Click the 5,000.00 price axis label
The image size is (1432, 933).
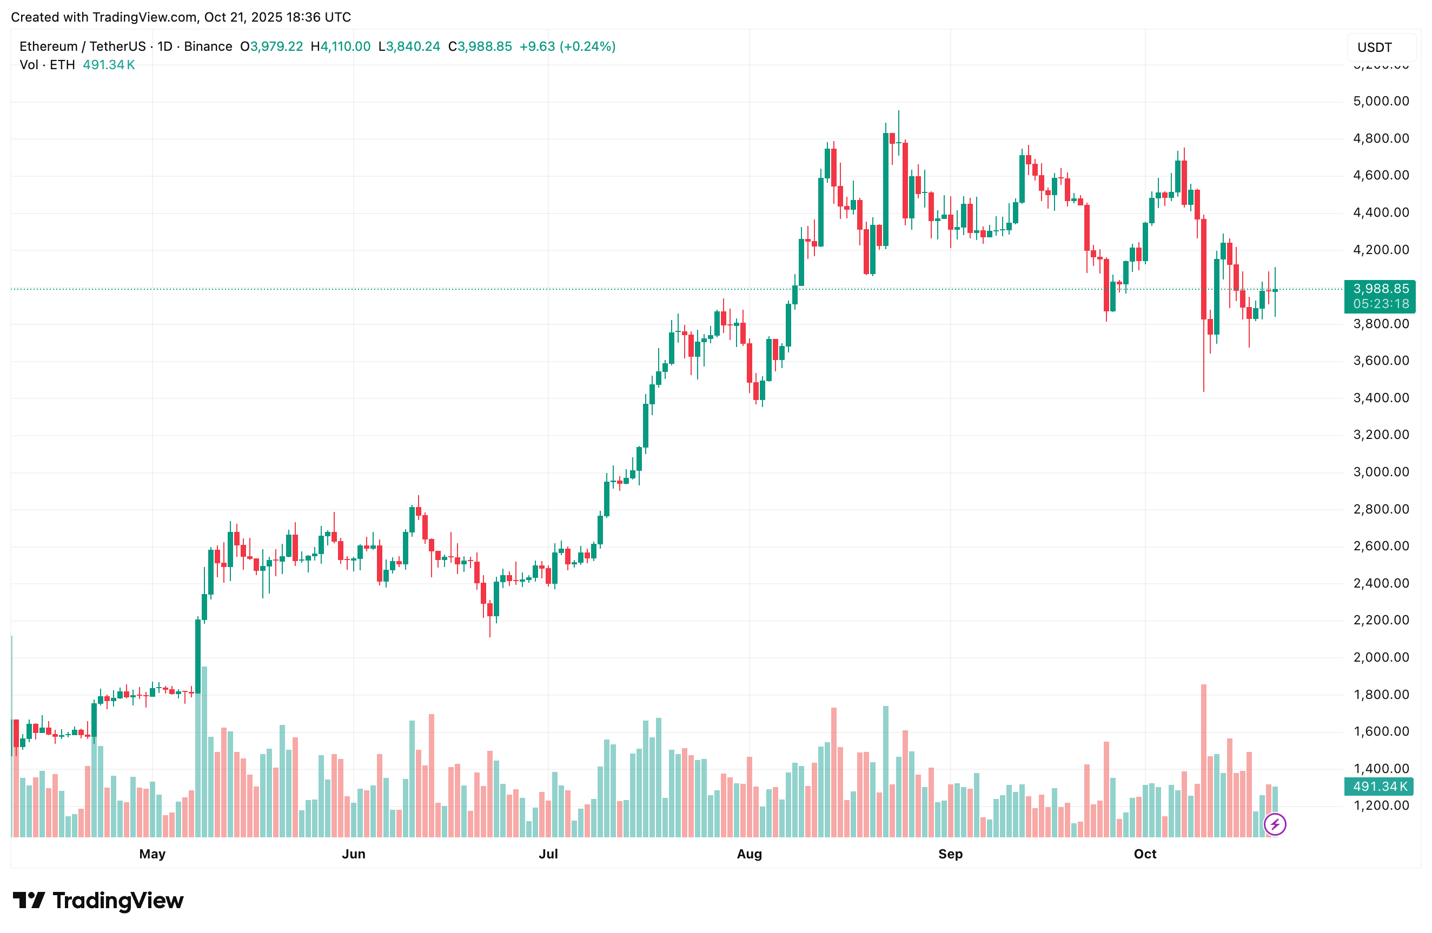tap(1380, 101)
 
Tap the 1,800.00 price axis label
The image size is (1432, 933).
tap(1380, 695)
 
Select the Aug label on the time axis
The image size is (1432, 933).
tap(749, 854)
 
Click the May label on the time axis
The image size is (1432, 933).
tap(152, 854)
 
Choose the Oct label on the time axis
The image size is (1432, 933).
tap(1144, 854)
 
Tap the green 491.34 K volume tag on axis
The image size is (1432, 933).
tap(1380, 786)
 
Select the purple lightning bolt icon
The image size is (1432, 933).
tap(1274, 824)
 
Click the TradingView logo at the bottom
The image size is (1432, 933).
tap(98, 901)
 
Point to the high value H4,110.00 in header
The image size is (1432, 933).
tap(341, 46)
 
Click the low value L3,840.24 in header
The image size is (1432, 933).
tap(409, 46)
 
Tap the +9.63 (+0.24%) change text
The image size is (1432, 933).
tap(567, 46)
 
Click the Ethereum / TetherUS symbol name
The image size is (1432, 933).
tap(82, 46)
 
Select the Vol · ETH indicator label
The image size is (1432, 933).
tap(47, 65)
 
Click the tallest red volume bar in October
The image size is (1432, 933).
tap(1203, 761)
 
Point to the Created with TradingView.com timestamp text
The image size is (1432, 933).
tap(181, 17)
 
